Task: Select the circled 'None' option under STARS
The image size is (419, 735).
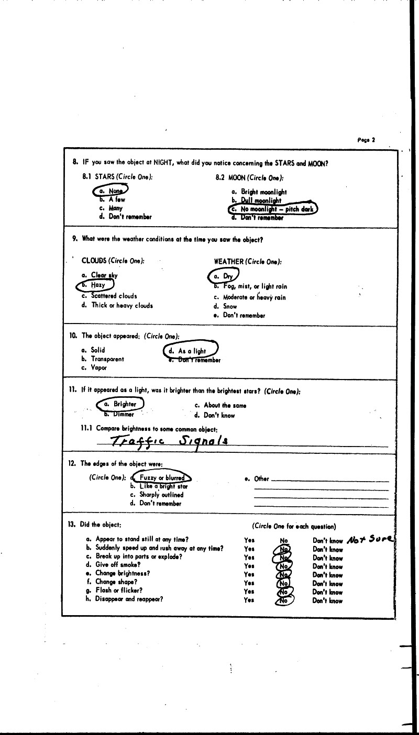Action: click(110, 191)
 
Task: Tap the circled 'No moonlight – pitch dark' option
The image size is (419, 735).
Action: click(273, 209)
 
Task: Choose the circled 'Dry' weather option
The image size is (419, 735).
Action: click(224, 275)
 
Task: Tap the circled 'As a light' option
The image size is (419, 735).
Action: click(191, 351)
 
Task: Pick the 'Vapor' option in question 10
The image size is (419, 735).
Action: click(96, 368)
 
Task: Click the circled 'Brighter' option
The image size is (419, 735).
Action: click(121, 404)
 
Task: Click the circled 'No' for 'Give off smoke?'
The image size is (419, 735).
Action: click(284, 566)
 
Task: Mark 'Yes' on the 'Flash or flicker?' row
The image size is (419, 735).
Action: click(249, 592)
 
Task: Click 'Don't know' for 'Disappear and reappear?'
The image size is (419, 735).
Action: click(327, 601)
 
